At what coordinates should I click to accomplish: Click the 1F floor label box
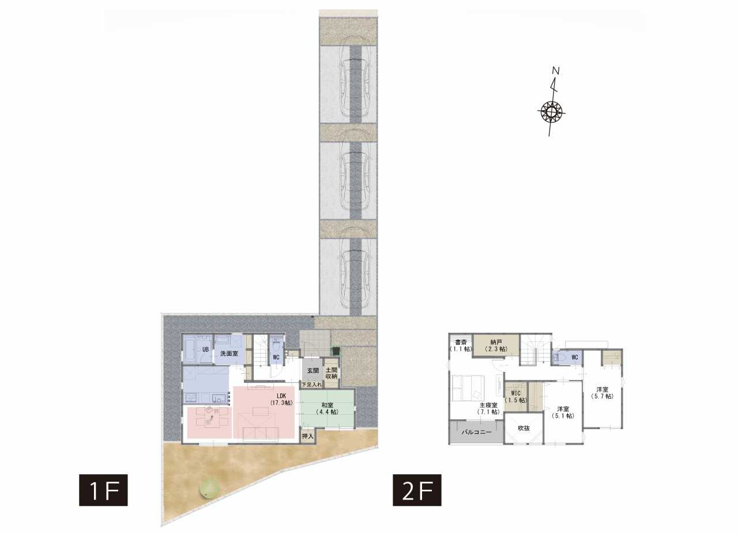point(103,490)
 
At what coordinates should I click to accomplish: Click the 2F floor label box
point(417,490)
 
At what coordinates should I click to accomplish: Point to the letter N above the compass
point(556,71)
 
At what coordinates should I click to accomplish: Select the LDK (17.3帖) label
point(281,399)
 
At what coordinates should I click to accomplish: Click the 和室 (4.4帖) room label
point(327,408)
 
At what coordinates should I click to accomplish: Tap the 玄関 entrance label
point(313,370)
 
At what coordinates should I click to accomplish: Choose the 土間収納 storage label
point(332,373)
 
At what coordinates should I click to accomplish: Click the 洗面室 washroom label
point(229,354)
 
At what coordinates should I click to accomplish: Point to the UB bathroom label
point(206,349)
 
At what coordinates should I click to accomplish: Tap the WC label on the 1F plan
point(276,357)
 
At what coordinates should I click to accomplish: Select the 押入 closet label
point(308,436)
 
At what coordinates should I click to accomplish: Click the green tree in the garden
point(209,488)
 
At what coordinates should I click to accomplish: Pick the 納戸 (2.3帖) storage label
point(496,346)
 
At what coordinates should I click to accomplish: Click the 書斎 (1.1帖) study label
point(461,346)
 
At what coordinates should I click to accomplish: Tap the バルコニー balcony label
point(476,432)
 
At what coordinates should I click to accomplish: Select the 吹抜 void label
point(524,428)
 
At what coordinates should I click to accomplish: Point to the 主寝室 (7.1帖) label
point(488,408)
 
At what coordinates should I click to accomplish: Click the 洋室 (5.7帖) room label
point(603,393)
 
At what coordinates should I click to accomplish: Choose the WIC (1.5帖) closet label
point(516,397)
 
